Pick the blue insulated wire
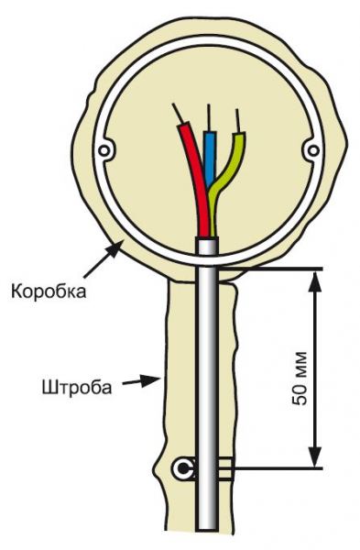click(x=210, y=165)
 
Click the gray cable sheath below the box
click(x=209, y=367)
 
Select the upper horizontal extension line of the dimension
click(x=275, y=269)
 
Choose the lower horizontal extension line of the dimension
click(x=275, y=468)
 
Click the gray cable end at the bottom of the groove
click(x=209, y=522)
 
